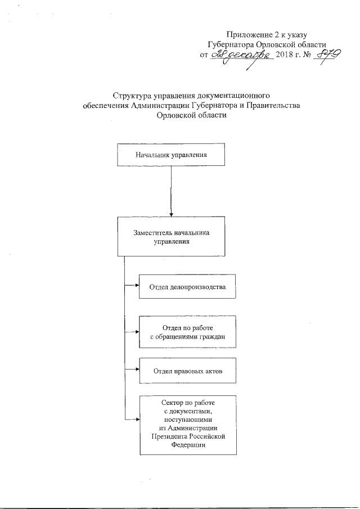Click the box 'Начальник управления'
(x=170, y=155)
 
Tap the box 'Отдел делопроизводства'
(x=187, y=287)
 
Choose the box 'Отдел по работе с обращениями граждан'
(x=187, y=332)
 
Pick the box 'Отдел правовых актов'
(x=187, y=371)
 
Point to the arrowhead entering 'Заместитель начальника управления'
(x=170, y=214)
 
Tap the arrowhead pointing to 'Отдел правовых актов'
(x=137, y=370)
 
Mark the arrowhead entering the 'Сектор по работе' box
(x=137, y=420)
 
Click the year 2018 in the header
(x=285, y=56)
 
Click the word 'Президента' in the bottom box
(x=169, y=436)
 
